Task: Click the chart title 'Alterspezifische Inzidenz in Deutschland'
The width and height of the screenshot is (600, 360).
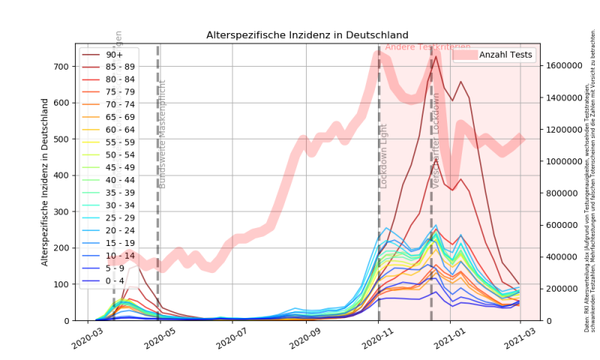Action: pyautogui.click(x=307, y=35)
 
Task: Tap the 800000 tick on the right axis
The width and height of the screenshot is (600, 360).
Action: pyautogui.click(x=562, y=193)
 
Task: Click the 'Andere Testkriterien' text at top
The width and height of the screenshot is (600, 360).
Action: pyautogui.click(x=427, y=47)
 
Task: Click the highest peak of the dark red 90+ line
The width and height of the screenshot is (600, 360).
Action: pyautogui.click(x=436, y=56)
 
